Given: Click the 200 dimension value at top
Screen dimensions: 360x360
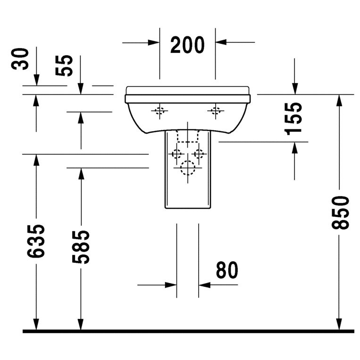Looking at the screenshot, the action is tap(187, 45).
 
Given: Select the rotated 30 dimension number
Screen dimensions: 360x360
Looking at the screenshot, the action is tap(20, 59).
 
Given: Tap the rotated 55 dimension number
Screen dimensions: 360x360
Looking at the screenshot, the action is tap(64, 66).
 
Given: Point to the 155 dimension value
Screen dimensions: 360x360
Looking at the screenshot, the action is tap(293, 119).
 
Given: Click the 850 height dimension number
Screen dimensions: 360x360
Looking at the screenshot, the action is tap(340, 212).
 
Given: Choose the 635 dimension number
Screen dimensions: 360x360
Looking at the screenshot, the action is tap(36, 241).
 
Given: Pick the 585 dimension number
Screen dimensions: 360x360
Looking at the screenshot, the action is tap(81, 247).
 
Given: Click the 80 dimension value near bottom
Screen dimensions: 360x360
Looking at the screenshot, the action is tap(227, 270).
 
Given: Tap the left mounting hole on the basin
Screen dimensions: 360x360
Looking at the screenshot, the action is tap(159, 111).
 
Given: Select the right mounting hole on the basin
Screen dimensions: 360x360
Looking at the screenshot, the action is tap(215, 111).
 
